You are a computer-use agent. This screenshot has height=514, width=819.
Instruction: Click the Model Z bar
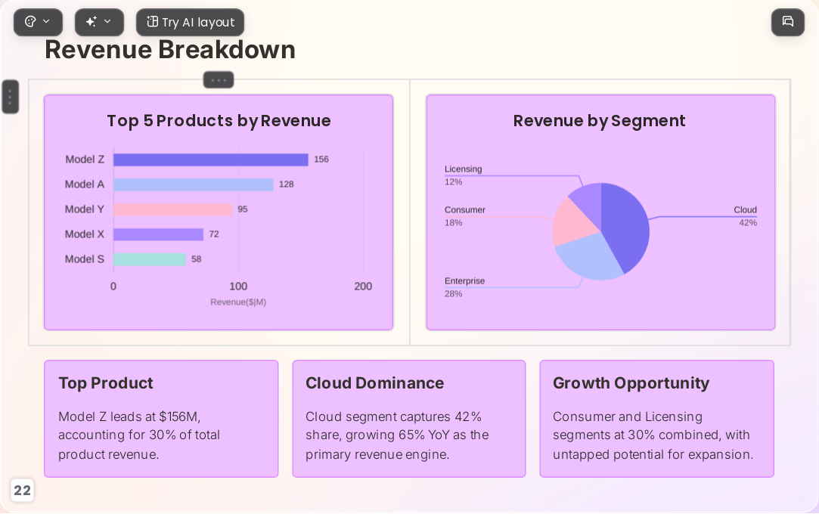(210, 159)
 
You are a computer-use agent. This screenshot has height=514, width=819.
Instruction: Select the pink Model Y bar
(173, 209)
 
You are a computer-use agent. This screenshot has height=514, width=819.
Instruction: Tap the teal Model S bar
(150, 259)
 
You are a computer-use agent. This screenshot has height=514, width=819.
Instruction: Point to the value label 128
(286, 184)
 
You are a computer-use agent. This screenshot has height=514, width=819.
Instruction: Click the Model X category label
(85, 234)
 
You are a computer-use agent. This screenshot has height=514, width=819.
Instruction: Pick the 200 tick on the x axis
(363, 286)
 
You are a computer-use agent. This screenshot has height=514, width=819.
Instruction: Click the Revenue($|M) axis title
(238, 302)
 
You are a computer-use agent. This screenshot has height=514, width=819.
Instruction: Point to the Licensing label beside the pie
(464, 169)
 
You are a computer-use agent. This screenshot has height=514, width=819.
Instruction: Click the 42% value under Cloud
(748, 223)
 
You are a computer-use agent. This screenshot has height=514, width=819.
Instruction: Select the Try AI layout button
(190, 23)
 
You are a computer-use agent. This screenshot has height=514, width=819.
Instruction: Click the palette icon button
(38, 23)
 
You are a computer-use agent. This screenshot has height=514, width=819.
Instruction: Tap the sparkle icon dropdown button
(99, 23)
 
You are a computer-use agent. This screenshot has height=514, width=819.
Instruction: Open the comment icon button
(788, 22)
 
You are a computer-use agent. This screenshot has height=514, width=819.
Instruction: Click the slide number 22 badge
(23, 491)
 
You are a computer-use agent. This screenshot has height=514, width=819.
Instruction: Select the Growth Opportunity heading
(631, 383)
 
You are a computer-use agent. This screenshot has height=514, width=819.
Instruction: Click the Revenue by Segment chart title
(599, 121)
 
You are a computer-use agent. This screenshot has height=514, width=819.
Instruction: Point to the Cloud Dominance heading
(374, 383)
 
